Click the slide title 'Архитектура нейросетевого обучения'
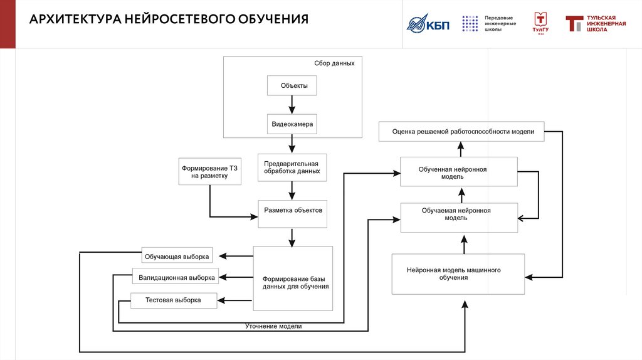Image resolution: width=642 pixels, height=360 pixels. point(169,19)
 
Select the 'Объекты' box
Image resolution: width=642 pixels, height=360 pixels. point(292,85)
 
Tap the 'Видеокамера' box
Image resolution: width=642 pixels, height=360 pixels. point(292,124)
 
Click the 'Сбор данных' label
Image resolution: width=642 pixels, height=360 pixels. point(334,63)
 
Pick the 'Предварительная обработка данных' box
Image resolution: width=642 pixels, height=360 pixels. point(292,167)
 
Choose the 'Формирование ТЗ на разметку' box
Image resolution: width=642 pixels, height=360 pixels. point(209,172)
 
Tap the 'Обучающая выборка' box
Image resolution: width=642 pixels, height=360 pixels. point(177,256)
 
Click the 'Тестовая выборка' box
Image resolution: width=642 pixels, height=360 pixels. point(174,300)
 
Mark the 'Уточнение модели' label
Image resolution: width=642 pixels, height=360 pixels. point(273,327)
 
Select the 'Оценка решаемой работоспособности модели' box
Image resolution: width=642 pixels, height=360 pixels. point(463,132)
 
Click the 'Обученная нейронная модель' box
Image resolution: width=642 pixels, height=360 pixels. point(459,172)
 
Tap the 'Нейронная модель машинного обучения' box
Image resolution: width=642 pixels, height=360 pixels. point(458,273)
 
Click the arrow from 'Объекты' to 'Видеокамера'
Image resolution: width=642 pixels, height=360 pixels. point(292,105)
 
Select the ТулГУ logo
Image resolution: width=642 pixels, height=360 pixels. point(540,23)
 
